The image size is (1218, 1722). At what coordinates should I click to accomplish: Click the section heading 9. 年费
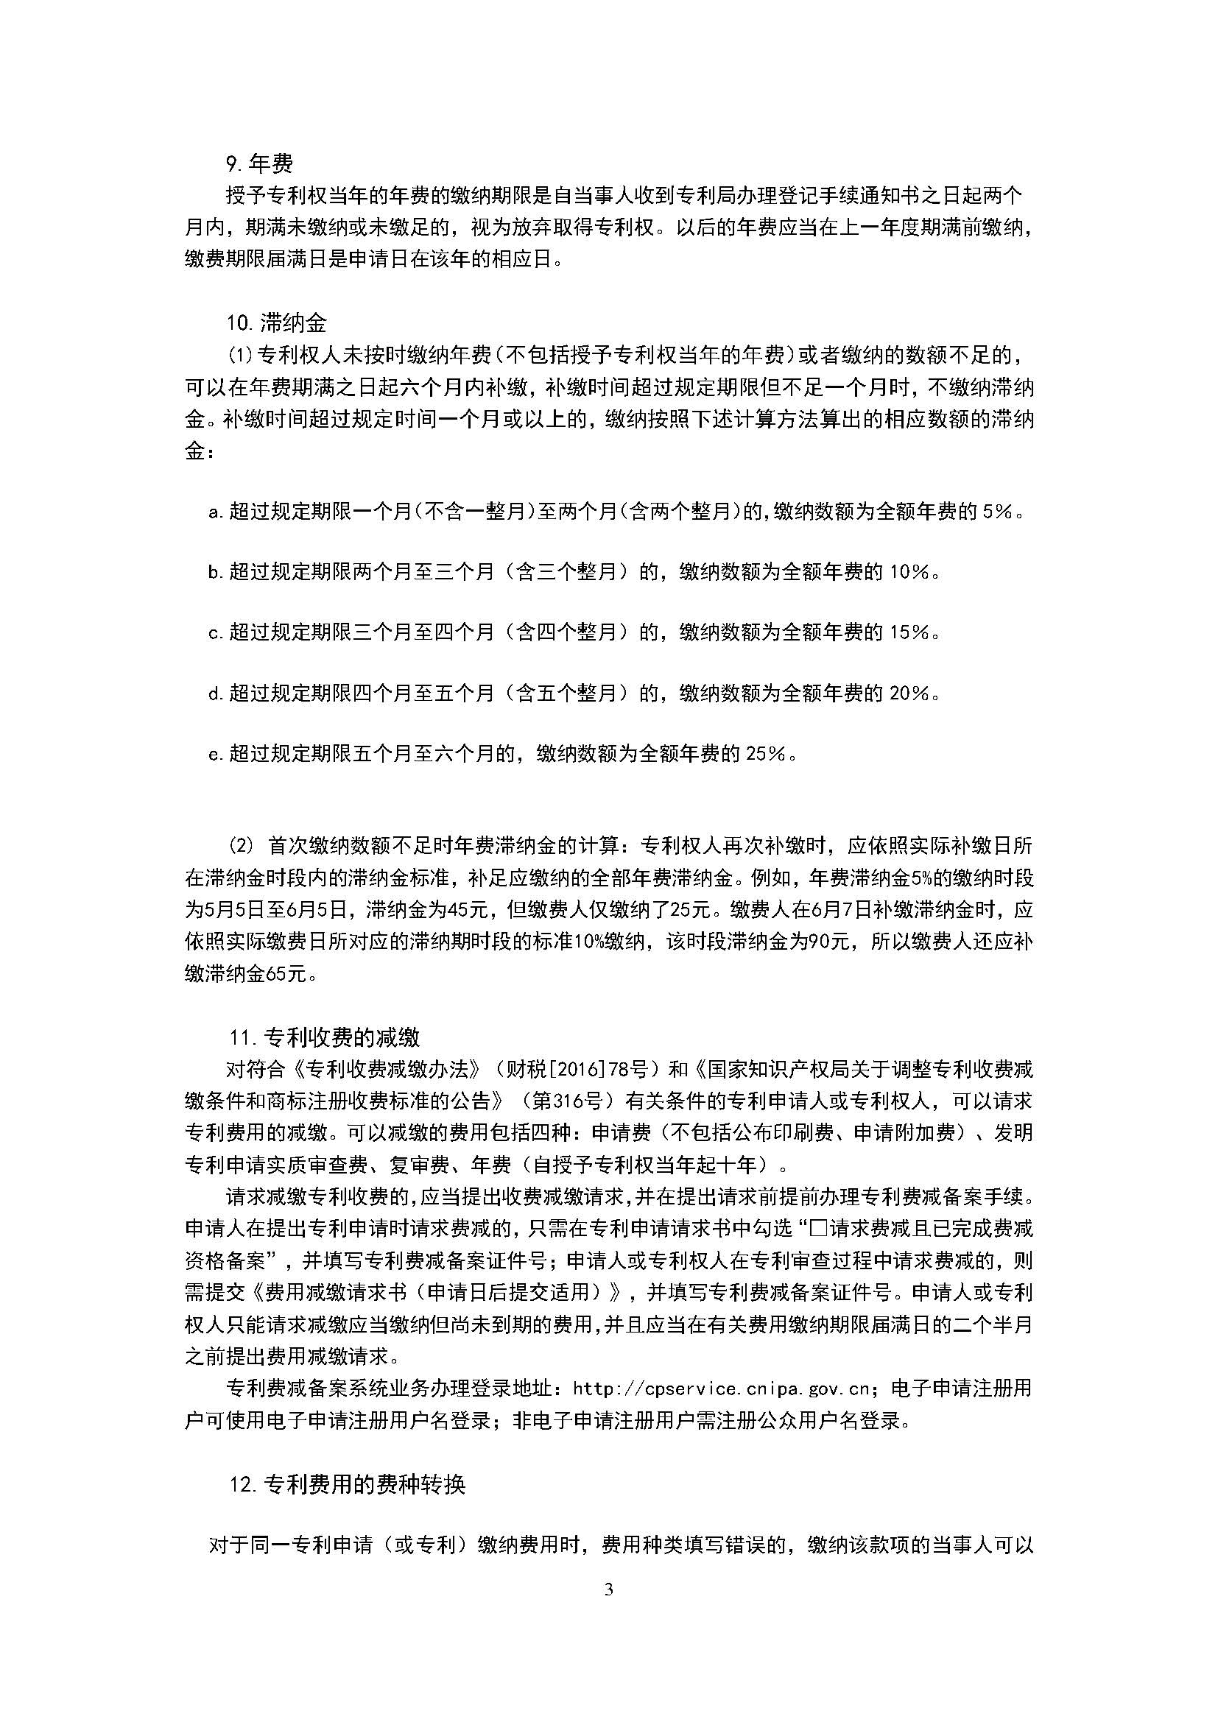[258, 163]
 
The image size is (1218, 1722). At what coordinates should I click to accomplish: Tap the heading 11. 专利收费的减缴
[324, 1037]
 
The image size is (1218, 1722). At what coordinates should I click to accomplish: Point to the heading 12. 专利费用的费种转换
[348, 1484]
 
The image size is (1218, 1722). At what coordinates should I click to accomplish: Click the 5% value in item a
[999, 512]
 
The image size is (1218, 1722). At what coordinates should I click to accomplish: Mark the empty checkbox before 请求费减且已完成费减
[819, 1229]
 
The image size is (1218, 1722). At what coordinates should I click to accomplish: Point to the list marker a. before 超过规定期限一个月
[216, 512]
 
